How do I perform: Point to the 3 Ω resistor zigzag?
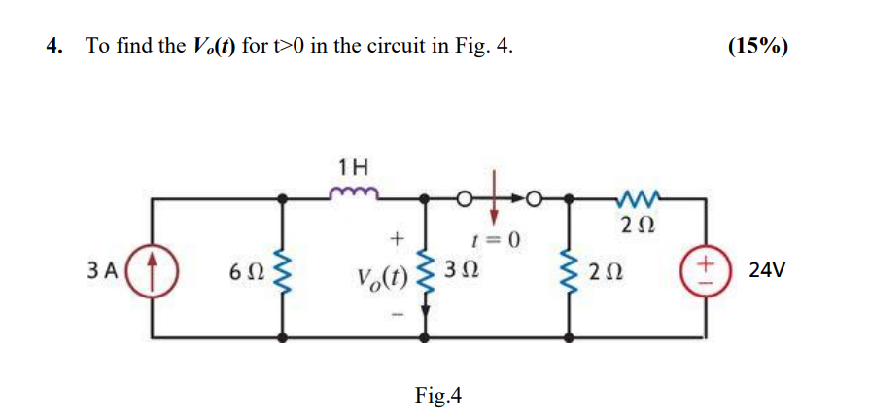click(424, 268)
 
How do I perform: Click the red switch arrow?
click(495, 190)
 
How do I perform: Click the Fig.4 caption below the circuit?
click(438, 395)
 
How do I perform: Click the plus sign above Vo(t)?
click(395, 237)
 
